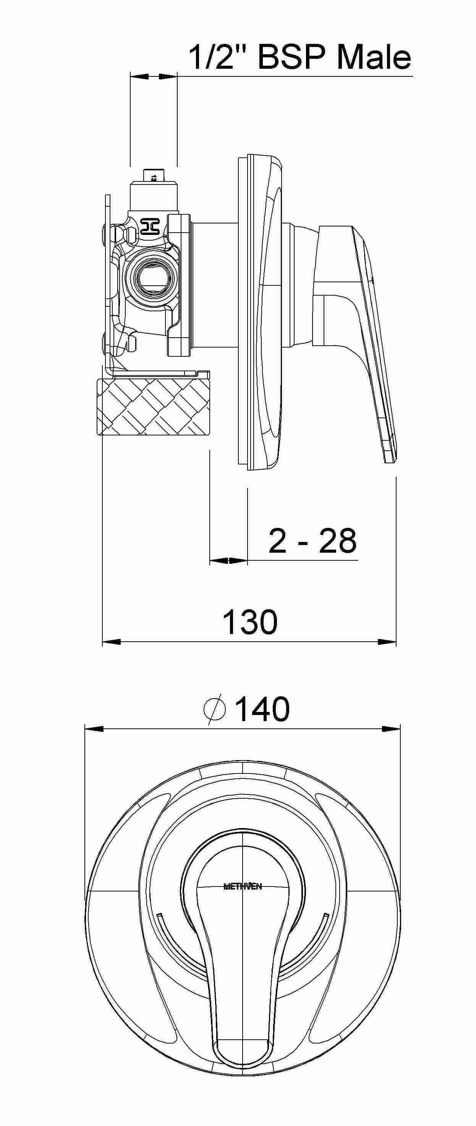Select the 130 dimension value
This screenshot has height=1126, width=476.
point(250,622)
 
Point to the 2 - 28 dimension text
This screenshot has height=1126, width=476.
point(312,541)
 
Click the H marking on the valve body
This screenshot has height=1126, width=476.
point(149,226)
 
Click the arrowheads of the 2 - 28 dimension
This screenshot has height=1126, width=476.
point(228,560)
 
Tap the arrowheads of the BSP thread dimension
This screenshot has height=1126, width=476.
point(154,76)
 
